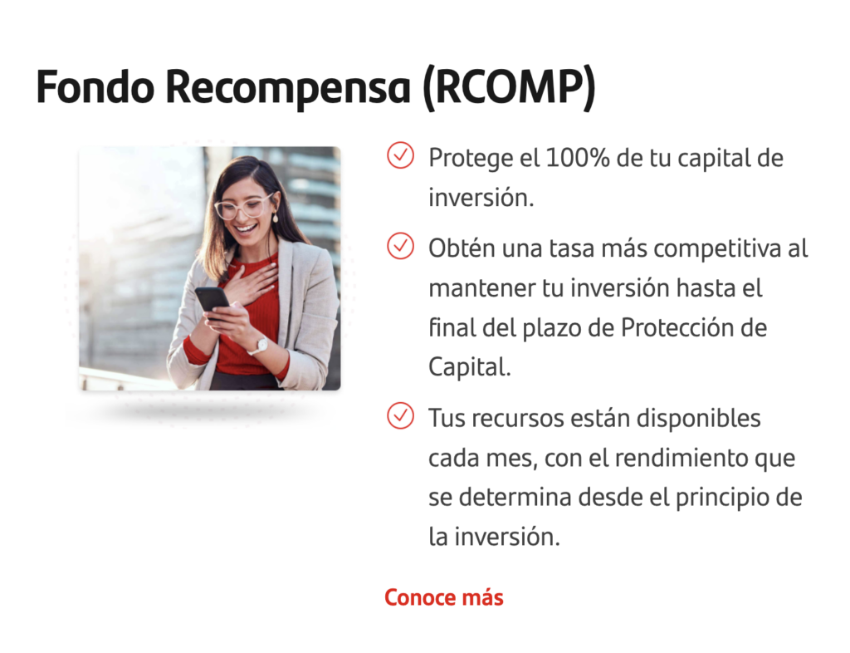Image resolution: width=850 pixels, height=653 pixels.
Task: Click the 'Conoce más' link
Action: coord(444,597)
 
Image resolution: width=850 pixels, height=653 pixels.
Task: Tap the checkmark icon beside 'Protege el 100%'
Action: coord(401,155)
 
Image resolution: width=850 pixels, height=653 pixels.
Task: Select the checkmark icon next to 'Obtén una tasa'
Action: coord(401,246)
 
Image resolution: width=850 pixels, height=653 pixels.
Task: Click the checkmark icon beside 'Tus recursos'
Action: coord(401,415)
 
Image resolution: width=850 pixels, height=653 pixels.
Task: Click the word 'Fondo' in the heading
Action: coord(95,86)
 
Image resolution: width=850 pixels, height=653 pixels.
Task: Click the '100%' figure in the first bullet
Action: coord(578,158)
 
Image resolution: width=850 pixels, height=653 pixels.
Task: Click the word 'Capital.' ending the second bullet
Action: coord(470,367)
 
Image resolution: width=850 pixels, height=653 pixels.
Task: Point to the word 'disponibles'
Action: coord(698,418)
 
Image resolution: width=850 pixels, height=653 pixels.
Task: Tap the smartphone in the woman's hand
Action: coord(212,301)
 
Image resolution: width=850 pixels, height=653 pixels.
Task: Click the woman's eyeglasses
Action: coord(243,207)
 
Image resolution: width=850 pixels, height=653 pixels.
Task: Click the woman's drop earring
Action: coord(275,217)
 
